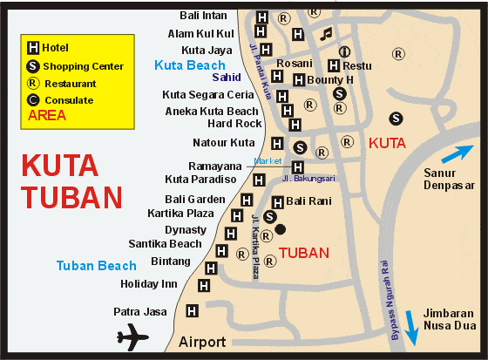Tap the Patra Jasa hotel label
coord(139,311)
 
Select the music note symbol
coord(326,34)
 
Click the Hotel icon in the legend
coord(33,47)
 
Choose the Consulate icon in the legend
coord(33,100)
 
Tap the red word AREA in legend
coord(47,115)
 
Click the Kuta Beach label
coord(189,65)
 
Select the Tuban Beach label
coord(96,266)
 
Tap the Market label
coord(268,160)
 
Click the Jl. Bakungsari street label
coord(308,179)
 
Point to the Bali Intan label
coord(203,15)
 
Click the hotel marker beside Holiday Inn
coord(204,285)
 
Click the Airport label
coord(202,342)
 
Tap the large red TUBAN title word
coord(71,197)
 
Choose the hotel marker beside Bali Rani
coord(278,202)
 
